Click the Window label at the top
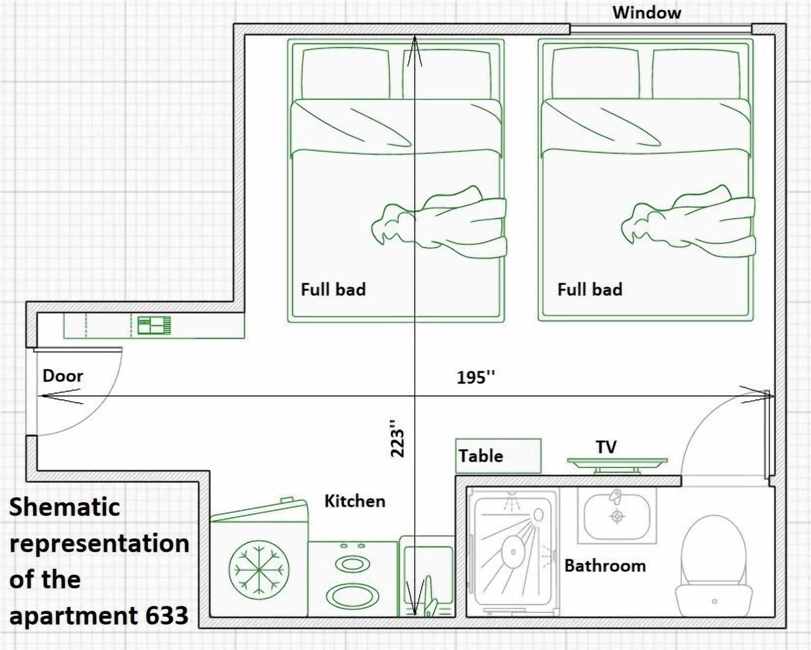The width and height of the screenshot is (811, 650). tap(646, 13)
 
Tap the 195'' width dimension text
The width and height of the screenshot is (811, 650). tap(476, 378)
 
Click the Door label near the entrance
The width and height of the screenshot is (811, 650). tap(63, 376)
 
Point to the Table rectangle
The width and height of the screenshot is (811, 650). tap(498, 456)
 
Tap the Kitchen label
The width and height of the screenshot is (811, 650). tap(355, 502)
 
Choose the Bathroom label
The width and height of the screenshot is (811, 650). tap(605, 566)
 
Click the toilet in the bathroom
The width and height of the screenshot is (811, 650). tap(714, 567)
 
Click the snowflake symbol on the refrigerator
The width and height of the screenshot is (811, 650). tap(259, 569)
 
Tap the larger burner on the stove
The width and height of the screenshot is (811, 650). tap(352, 596)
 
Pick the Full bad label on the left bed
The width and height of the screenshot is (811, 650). tap(333, 290)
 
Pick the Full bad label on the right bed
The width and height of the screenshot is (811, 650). tap(590, 290)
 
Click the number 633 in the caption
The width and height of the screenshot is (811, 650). tap(167, 616)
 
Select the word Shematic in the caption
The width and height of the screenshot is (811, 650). tap(64, 507)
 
